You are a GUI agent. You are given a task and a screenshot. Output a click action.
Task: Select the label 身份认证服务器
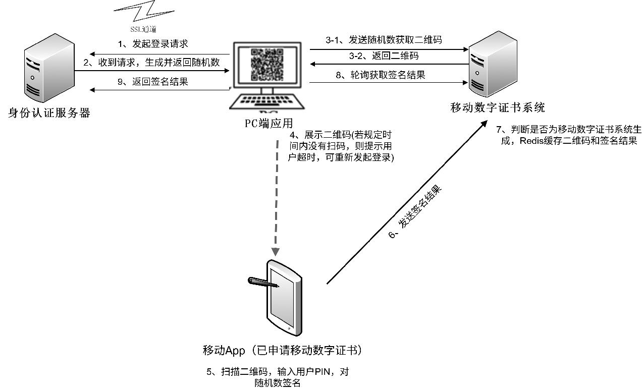pos(49,113)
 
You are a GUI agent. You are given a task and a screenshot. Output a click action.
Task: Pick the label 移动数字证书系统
pos(498,107)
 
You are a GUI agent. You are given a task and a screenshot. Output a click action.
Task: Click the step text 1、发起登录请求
pos(152,44)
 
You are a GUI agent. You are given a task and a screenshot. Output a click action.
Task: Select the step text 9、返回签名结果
pos(152,82)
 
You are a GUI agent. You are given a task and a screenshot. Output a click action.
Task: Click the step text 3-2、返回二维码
pos(383,55)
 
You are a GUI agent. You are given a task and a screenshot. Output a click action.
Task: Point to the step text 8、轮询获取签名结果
pos(382,75)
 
